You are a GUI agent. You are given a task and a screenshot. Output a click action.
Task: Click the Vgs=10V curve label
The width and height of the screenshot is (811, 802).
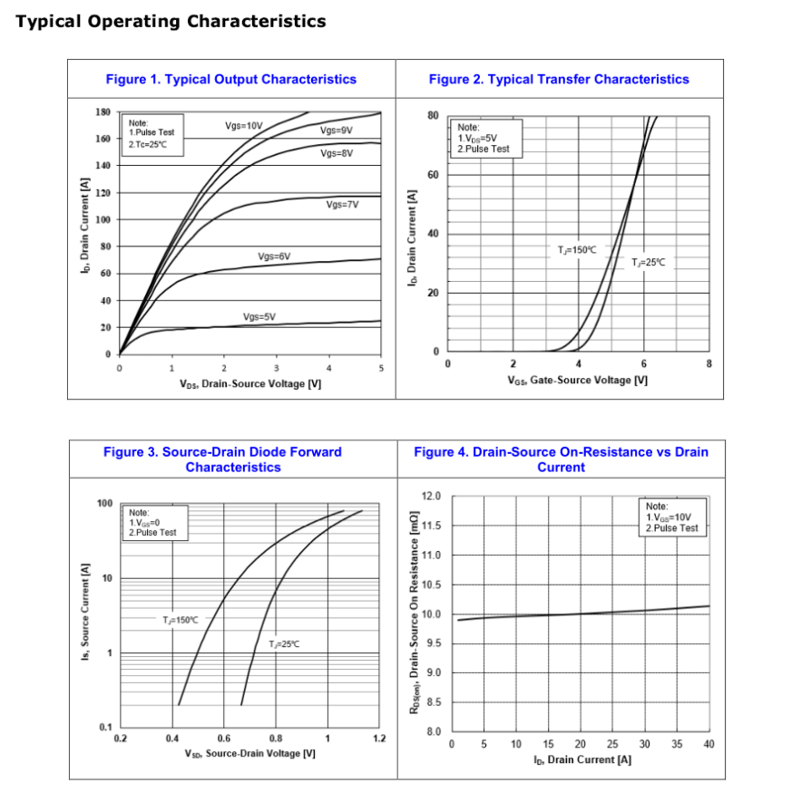point(243,124)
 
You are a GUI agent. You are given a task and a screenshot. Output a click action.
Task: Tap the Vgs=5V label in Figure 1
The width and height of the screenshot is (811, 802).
point(259,316)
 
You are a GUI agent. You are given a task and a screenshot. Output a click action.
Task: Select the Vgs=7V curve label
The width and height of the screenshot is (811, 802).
point(342,204)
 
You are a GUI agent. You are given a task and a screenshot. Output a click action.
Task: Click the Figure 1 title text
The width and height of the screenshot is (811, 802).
point(231,79)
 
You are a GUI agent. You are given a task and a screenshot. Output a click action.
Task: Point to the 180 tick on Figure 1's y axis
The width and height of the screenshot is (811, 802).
point(103,111)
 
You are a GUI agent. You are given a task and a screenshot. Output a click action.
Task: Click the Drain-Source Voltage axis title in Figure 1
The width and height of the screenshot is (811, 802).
point(250,383)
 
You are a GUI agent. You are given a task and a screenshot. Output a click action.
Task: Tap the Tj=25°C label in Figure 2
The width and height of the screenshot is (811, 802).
point(649,262)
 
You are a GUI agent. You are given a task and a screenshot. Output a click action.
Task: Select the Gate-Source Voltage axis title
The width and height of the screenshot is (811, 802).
point(577,380)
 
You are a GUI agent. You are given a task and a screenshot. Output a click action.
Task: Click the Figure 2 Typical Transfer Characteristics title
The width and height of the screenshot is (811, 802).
point(559,79)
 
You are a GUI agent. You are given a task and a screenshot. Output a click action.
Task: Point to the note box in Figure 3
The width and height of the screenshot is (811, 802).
point(156,523)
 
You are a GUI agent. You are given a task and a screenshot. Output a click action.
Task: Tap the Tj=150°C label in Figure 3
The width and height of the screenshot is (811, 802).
point(180,620)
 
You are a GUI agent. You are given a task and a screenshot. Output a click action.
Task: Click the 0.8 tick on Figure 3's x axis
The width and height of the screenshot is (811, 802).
point(275,739)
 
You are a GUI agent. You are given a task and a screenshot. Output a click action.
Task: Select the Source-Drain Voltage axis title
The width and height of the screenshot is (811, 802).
point(250,753)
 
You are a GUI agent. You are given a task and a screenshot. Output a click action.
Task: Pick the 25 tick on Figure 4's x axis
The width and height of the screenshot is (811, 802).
point(612,745)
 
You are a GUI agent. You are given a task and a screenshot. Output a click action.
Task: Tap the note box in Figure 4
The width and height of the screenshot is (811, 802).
point(671,517)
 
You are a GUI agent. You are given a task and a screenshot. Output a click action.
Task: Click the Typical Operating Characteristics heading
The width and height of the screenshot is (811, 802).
point(171,21)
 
